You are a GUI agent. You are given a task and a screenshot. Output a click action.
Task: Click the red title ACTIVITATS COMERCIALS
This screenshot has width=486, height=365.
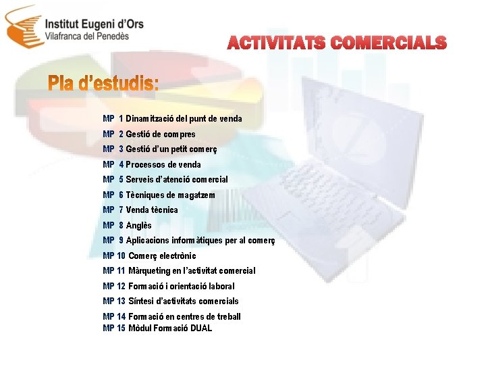pyautogui.click(x=337, y=43)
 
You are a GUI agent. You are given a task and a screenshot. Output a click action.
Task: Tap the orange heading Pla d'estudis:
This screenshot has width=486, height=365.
pyautogui.click(x=103, y=85)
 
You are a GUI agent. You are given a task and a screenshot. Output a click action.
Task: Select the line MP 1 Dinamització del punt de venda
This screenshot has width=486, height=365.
pyautogui.click(x=172, y=119)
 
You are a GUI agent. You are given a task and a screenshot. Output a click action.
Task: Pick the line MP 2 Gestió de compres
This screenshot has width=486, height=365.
pyautogui.click(x=149, y=134)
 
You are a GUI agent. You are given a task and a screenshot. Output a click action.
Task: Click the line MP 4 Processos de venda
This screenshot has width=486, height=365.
pyautogui.click(x=152, y=164)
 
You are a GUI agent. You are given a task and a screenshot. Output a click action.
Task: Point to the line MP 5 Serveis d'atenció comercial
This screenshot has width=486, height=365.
pyautogui.click(x=165, y=180)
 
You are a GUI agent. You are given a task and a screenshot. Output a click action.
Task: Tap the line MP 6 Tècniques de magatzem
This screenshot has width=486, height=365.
pyautogui.click(x=159, y=195)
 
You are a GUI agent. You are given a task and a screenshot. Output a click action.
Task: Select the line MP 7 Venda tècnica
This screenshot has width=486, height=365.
pyautogui.click(x=140, y=210)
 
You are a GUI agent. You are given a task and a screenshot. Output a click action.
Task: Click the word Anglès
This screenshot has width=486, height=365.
pyautogui.click(x=139, y=225)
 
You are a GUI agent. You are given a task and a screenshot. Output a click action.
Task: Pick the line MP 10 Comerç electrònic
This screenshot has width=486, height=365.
pyautogui.click(x=149, y=255)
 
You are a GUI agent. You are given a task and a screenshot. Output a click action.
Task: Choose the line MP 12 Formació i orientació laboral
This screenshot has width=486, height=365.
pyautogui.click(x=169, y=286)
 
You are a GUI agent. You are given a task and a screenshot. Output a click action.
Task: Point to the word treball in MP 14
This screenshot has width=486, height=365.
pyautogui.click(x=227, y=316)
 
